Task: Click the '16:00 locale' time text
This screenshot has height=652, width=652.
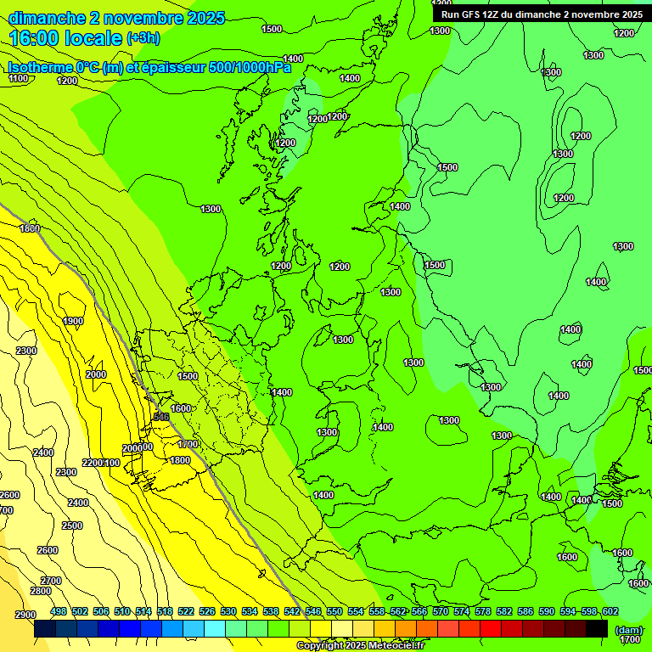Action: point(65,38)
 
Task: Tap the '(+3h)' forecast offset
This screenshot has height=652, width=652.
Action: point(143,38)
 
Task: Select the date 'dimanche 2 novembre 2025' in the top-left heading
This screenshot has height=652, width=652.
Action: point(117,17)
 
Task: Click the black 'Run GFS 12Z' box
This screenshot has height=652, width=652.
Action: point(541,14)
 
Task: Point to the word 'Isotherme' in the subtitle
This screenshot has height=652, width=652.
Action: point(38,68)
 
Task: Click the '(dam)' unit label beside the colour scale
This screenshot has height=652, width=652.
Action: point(628,630)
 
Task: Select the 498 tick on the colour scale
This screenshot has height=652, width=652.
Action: point(59,611)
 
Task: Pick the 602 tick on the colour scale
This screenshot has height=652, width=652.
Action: point(610,611)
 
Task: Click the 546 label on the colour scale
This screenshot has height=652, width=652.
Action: point(313,611)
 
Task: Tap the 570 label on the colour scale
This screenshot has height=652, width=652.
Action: point(440,611)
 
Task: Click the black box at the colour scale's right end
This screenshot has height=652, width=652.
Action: point(597,629)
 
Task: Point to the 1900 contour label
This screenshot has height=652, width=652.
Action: point(73,321)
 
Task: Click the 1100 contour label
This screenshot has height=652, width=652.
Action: point(18,78)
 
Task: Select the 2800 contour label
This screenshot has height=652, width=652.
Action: point(40,591)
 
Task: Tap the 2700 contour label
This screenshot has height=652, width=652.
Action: point(51,581)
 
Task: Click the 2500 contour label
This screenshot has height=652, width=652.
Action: point(72,526)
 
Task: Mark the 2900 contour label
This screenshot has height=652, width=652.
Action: point(25,615)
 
